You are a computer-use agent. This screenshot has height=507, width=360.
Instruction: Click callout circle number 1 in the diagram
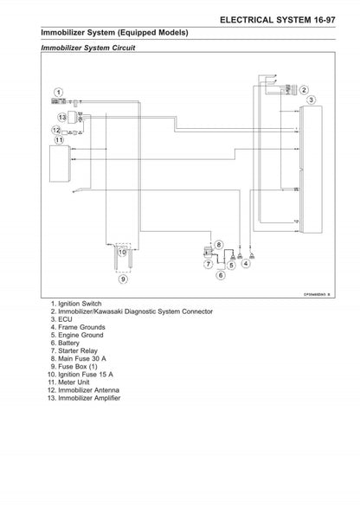[57, 92]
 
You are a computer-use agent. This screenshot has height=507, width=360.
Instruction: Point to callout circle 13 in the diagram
[61, 117]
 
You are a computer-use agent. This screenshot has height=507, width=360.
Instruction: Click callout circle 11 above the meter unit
[58, 139]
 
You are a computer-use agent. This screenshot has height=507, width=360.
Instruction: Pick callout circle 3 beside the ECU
[311, 100]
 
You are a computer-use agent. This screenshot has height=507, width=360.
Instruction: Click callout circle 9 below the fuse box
[122, 279]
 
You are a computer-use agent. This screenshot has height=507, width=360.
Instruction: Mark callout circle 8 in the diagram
[219, 246]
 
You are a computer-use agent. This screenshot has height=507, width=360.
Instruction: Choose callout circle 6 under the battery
[220, 276]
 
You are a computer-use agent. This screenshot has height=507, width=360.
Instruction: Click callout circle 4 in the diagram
[247, 265]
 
